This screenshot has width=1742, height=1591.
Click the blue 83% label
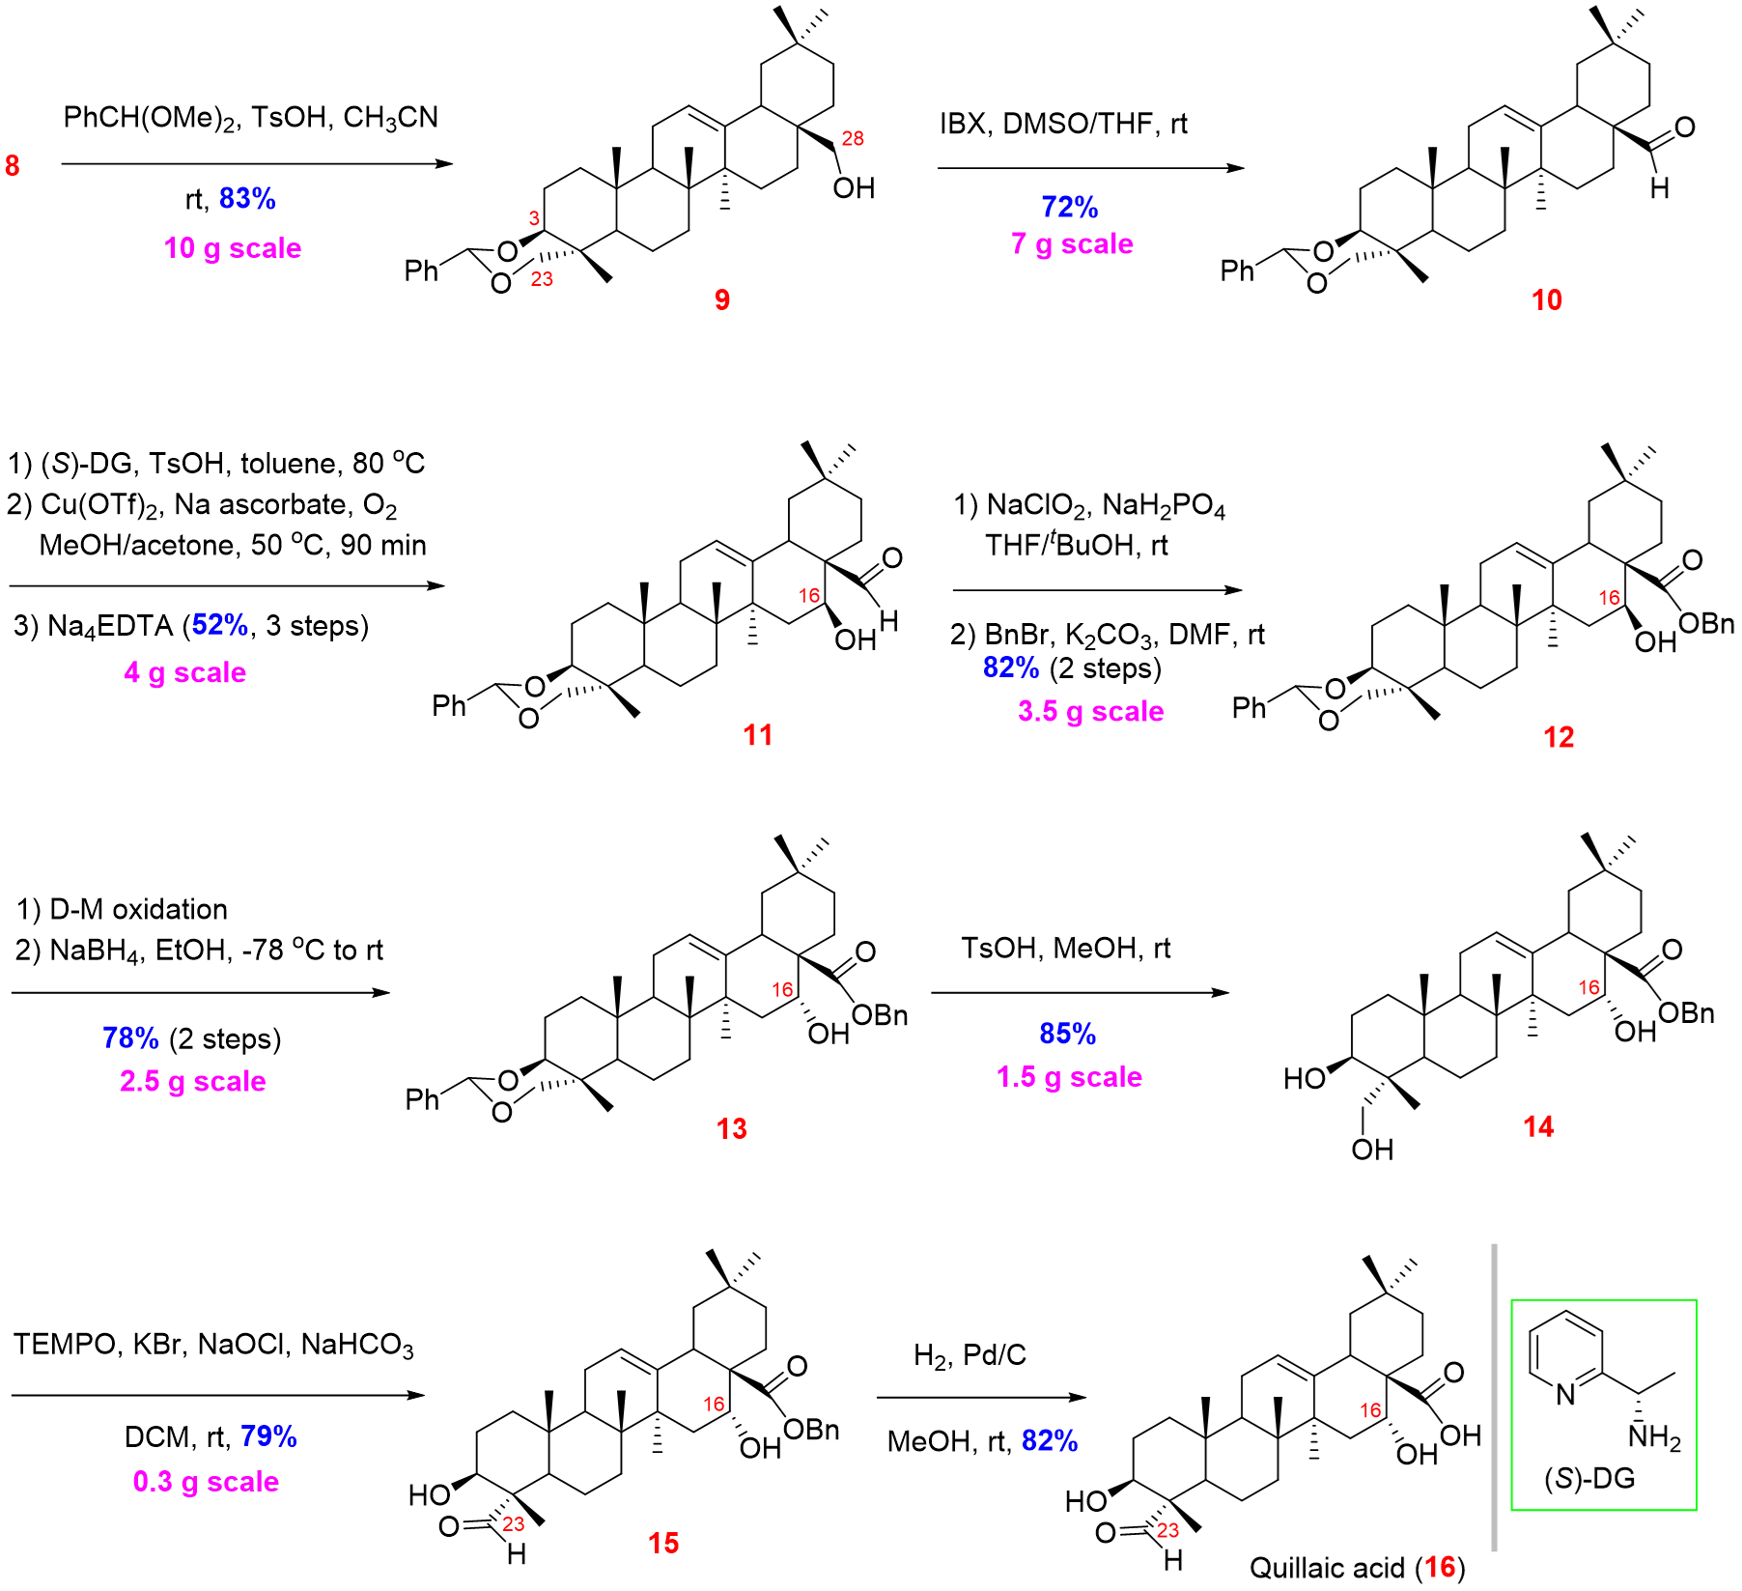247,198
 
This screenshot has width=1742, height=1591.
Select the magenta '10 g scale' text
233,248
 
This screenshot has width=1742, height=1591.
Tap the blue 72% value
1070,207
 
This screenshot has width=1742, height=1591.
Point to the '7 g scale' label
1072,244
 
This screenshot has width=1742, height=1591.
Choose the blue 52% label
220,624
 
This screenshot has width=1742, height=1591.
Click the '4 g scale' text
185,673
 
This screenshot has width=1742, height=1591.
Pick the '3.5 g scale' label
1091,712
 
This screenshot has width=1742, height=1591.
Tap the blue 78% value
130,1038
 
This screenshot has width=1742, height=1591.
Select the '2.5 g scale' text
193,1082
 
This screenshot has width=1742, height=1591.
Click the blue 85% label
1068,1034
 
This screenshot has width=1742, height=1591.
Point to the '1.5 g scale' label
1070,1077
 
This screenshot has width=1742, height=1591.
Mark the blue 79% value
268,1436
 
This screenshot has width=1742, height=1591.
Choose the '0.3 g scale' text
206,1482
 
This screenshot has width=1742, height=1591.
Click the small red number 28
853,139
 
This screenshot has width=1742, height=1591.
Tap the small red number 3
534,219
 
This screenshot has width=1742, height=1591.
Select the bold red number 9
722,300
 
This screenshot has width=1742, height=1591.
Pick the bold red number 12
1559,738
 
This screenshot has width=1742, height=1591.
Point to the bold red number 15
664,1544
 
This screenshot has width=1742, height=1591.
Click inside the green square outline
1604,1406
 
